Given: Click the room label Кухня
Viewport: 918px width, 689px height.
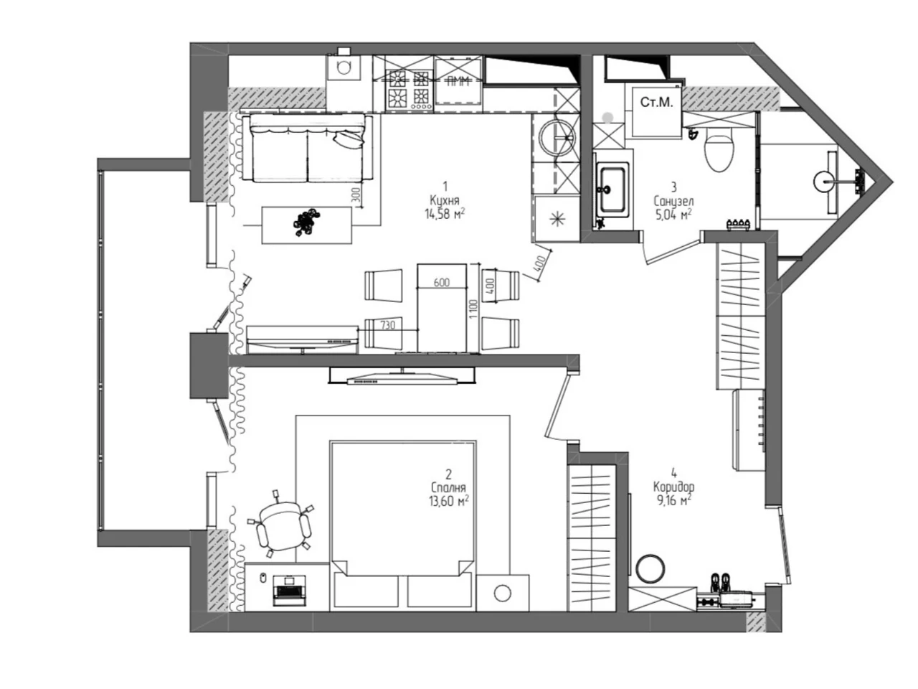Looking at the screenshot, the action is pos(445,200).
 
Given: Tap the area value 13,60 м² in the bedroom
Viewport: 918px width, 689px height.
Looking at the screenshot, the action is pos(448,501).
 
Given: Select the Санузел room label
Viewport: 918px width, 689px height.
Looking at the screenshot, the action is pos(673,201).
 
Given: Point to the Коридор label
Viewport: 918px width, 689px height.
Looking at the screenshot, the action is pos(673,487).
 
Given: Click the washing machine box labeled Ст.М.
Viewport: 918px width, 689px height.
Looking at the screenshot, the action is pos(657,111).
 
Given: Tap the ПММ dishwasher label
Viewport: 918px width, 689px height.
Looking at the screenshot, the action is pos(459,81).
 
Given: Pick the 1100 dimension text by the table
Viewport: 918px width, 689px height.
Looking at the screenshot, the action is pos(473,309).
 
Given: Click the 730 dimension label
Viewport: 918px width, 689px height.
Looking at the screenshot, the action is pos(388,324).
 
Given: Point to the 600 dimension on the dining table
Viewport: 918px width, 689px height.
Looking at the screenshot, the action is pos(442,282).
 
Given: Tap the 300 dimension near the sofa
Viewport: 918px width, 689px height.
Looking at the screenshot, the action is pos(356,195).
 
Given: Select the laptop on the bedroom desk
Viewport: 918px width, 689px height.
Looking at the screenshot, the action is pos(290,590).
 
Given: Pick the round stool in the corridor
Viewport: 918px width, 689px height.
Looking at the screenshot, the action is pos(650,568).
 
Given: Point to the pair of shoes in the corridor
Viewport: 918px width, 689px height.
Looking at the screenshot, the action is pos(721,582).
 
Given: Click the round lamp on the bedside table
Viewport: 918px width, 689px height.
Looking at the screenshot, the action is pos(502,594).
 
